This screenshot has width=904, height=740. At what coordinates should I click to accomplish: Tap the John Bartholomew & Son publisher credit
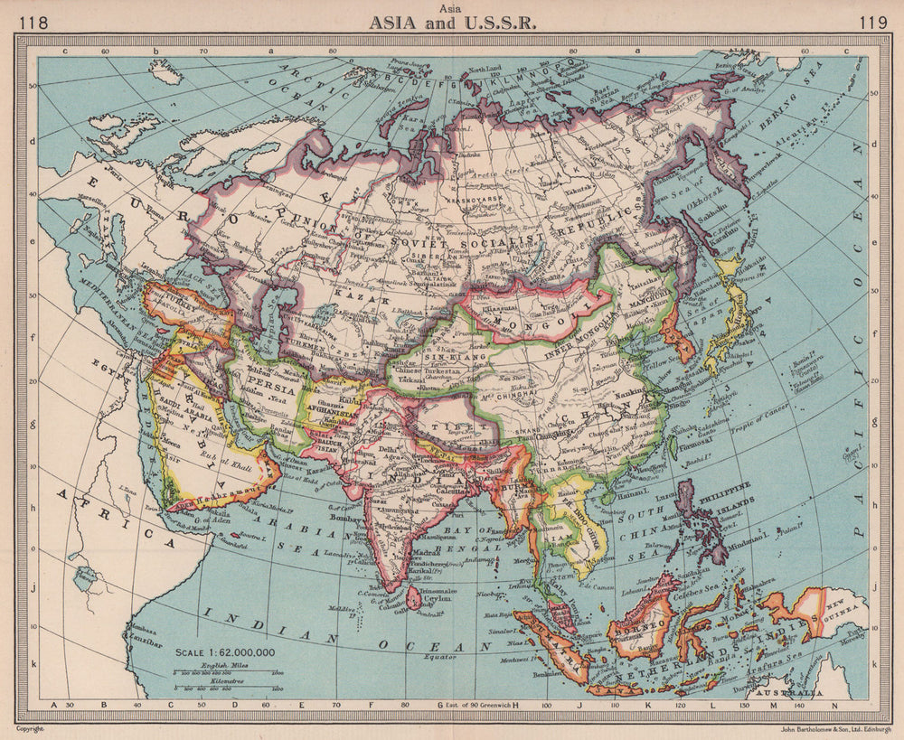coord(824,726)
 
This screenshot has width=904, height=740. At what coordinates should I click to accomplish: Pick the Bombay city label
coord(332,523)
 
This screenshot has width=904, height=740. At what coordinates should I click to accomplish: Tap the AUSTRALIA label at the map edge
coord(796,691)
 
